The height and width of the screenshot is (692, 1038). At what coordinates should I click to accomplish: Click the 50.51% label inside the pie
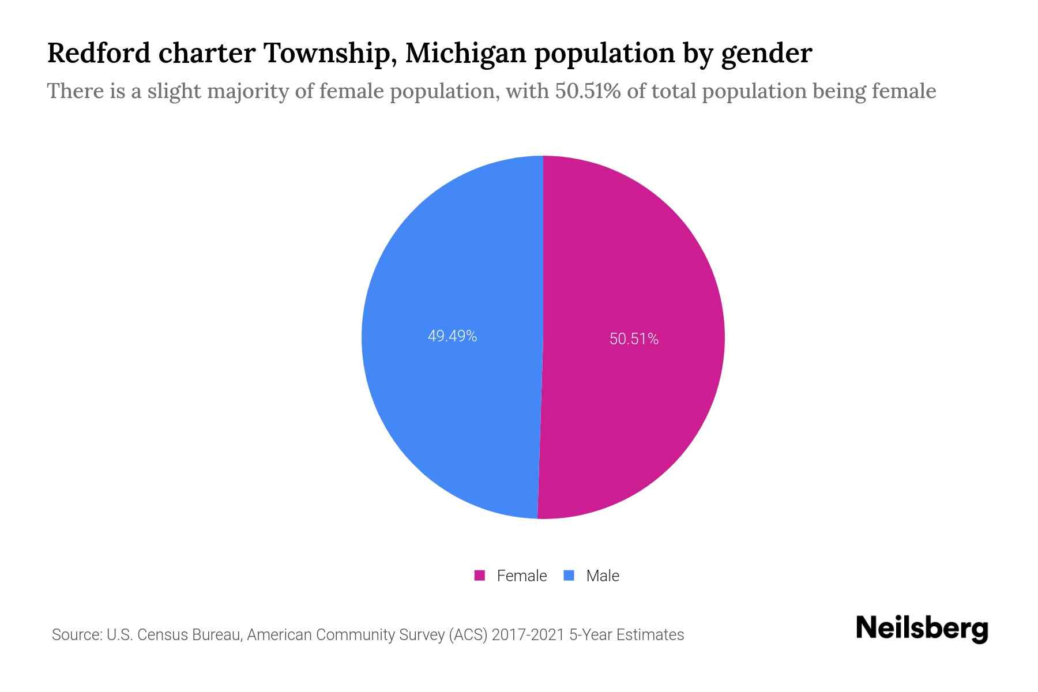(x=634, y=339)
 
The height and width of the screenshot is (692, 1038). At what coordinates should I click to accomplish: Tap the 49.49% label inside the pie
(x=452, y=336)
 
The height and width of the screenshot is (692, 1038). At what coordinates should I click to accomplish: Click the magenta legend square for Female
(x=479, y=576)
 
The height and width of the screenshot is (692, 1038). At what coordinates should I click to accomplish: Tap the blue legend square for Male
(x=569, y=576)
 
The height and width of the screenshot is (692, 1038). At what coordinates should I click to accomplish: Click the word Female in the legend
(x=521, y=576)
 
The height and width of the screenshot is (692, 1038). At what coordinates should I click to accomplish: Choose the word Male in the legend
(x=602, y=576)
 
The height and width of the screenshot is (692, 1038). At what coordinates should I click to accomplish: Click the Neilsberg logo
(x=922, y=629)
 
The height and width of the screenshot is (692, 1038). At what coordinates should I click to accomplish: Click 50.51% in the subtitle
(x=588, y=91)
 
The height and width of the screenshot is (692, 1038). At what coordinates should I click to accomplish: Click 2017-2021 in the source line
(x=528, y=635)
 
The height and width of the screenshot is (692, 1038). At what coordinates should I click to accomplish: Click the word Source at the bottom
(x=76, y=635)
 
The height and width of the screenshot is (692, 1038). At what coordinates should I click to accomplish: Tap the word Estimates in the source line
(x=650, y=635)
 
